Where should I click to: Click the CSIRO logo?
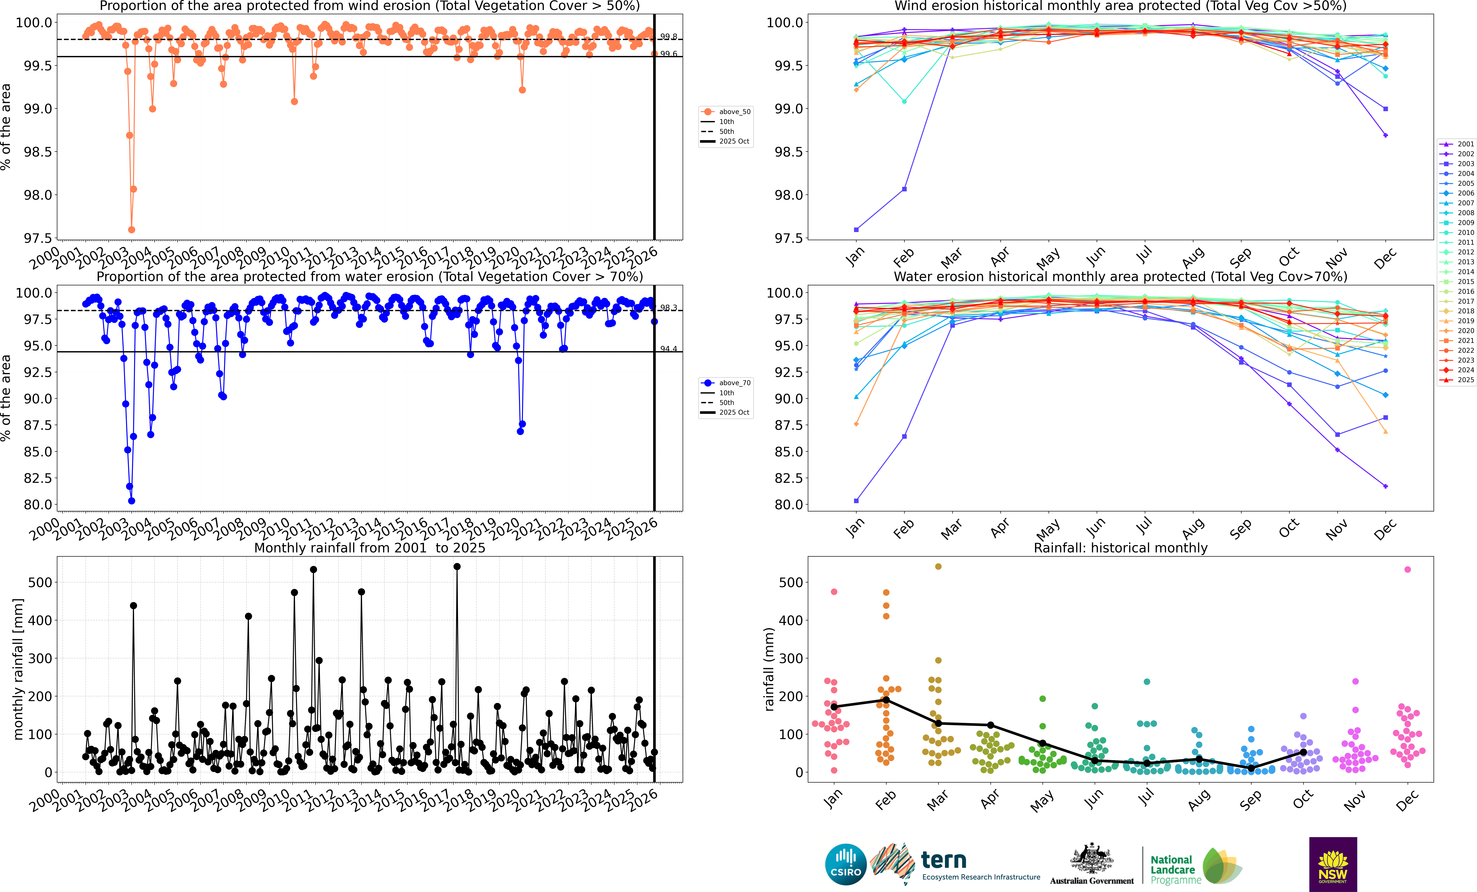(846, 864)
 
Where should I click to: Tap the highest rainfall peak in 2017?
(457, 566)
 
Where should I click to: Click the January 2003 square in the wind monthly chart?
(856, 230)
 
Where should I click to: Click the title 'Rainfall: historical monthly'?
(1120, 548)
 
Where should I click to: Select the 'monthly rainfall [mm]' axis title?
(18, 669)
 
